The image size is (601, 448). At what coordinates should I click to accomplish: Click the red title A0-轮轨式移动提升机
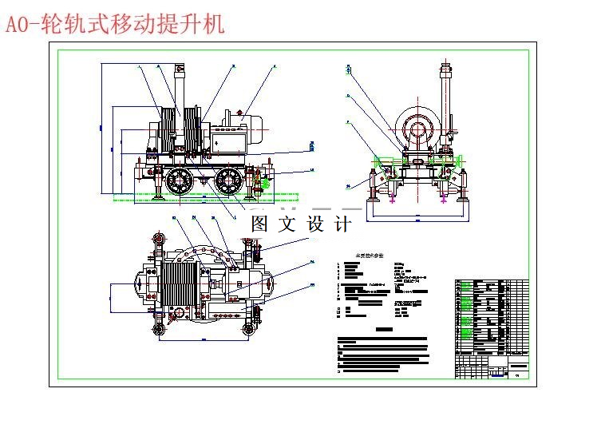tap(115, 25)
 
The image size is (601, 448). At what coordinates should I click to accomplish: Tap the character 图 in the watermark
tap(259, 224)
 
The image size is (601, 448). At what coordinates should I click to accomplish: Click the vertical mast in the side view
tap(180, 88)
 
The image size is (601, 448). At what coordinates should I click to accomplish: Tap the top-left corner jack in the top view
tap(159, 240)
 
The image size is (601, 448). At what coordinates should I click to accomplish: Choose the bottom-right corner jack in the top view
tap(251, 326)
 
